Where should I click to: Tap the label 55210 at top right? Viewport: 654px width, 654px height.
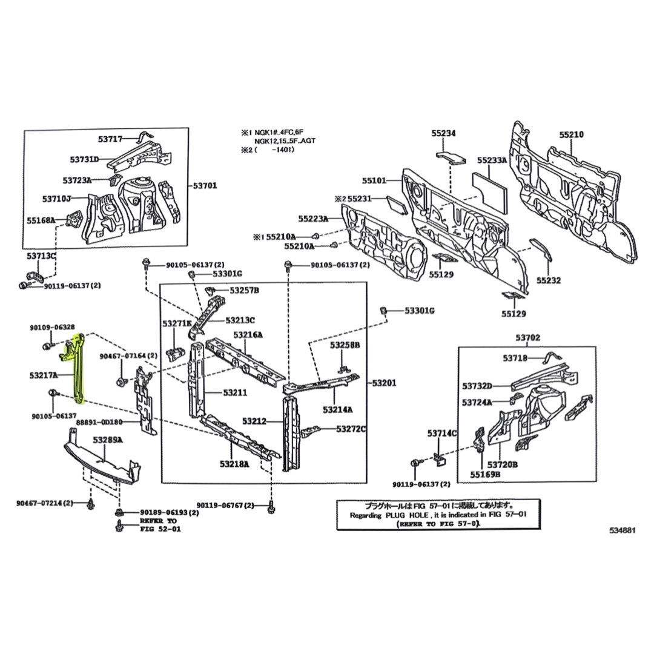click(x=571, y=134)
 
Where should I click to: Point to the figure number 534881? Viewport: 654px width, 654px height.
click(x=623, y=530)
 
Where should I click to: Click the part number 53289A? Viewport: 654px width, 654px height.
click(x=108, y=440)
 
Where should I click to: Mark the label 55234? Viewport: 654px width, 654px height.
click(x=444, y=134)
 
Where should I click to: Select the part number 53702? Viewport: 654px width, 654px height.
click(x=528, y=337)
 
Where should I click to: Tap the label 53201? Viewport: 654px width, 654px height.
click(x=383, y=383)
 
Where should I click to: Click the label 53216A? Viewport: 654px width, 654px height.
click(x=248, y=335)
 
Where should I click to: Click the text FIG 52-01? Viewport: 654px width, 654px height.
click(x=159, y=529)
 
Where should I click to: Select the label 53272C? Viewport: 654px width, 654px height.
click(x=351, y=429)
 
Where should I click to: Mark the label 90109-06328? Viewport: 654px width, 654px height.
click(x=52, y=327)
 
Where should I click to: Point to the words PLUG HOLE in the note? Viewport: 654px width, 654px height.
click(x=402, y=515)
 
